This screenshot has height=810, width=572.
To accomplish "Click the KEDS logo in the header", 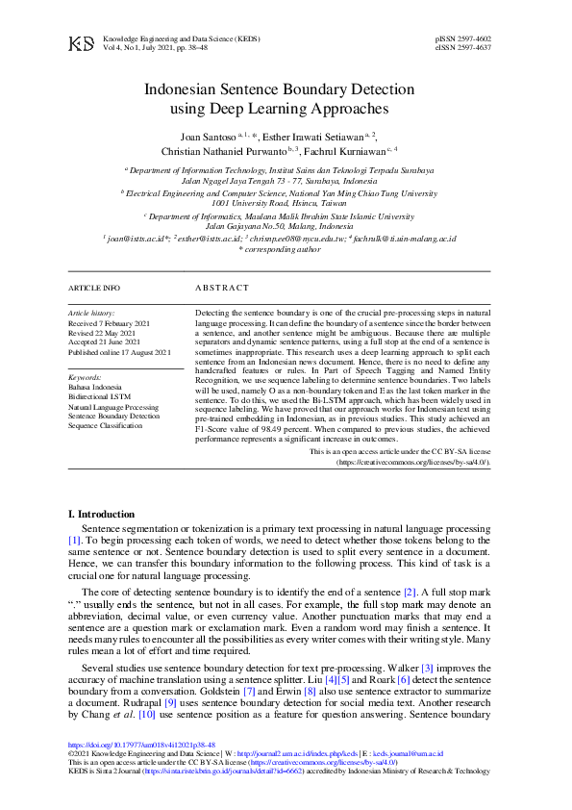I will coord(82,43).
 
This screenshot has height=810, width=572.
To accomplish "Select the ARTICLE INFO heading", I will coord(94,288).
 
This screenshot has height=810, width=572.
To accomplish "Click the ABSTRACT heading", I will coord(222,288).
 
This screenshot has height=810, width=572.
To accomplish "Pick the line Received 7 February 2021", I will coord(109,323).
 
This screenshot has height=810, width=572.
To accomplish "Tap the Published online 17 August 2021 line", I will coord(119,352).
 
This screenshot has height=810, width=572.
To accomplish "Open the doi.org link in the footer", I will coord(141,745).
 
